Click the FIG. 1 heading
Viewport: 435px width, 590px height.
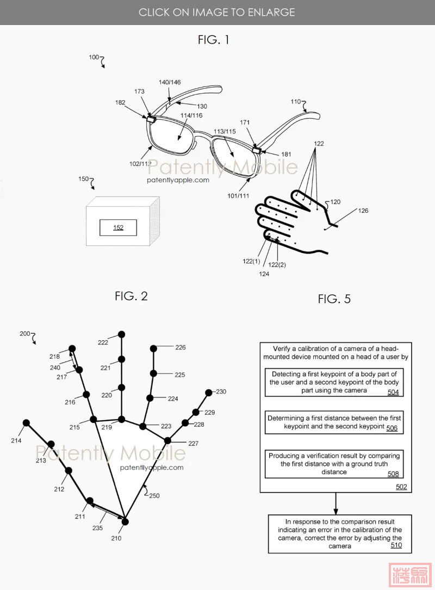point(213,40)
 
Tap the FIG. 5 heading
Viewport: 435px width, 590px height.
point(334,299)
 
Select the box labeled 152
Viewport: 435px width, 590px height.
point(118,228)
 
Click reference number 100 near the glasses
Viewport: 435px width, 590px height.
point(94,57)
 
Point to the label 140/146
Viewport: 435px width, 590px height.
point(170,82)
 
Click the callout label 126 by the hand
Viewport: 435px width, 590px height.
point(363,211)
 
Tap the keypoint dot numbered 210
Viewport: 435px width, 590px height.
point(125,522)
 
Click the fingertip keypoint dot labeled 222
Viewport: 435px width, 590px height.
point(122,334)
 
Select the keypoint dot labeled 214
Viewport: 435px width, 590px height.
point(26,422)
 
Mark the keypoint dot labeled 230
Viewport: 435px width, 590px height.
point(208,392)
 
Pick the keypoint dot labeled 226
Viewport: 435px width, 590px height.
point(154,347)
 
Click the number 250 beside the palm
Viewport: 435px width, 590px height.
point(154,496)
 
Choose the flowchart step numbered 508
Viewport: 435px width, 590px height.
point(334,464)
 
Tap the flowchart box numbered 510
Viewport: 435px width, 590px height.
point(339,534)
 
